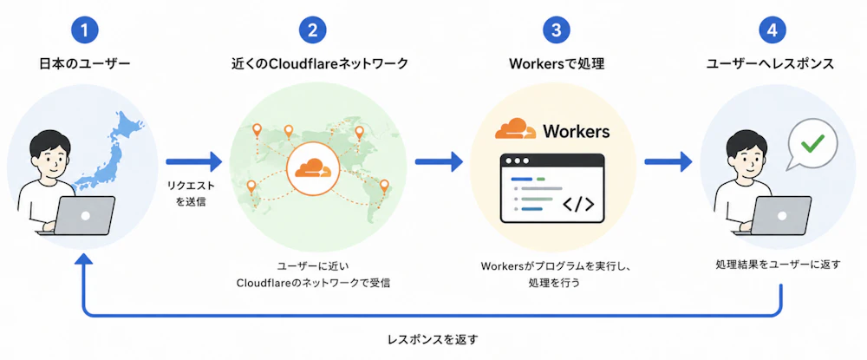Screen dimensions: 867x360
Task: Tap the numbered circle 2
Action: coord(313,30)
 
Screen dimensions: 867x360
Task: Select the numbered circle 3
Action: coord(557,30)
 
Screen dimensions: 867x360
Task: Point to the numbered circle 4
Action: coord(772,30)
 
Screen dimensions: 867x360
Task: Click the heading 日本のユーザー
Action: coord(85,64)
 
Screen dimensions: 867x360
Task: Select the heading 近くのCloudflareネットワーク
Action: coord(319,64)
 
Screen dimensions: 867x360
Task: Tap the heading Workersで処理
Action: coord(557,64)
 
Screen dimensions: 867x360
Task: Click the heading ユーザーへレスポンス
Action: coord(770,64)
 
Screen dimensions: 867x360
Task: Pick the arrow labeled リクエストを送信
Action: coord(193,162)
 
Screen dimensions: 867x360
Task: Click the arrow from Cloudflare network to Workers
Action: coord(439,162)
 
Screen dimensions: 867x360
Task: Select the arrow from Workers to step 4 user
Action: coord(668,162)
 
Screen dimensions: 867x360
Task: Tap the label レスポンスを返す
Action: coord(433,338)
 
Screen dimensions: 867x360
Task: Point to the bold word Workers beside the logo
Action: coord(576,131)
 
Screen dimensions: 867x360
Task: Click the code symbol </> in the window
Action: coord(578,204)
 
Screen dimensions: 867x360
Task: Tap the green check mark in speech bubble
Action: coord(812,144)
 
